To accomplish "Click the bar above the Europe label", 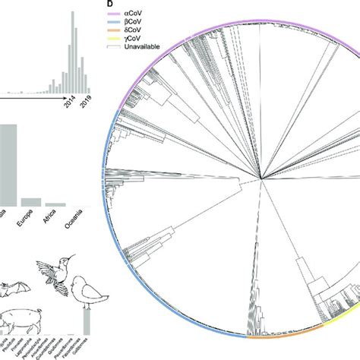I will tap(31, 202).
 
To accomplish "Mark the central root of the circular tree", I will tap(262, 180).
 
